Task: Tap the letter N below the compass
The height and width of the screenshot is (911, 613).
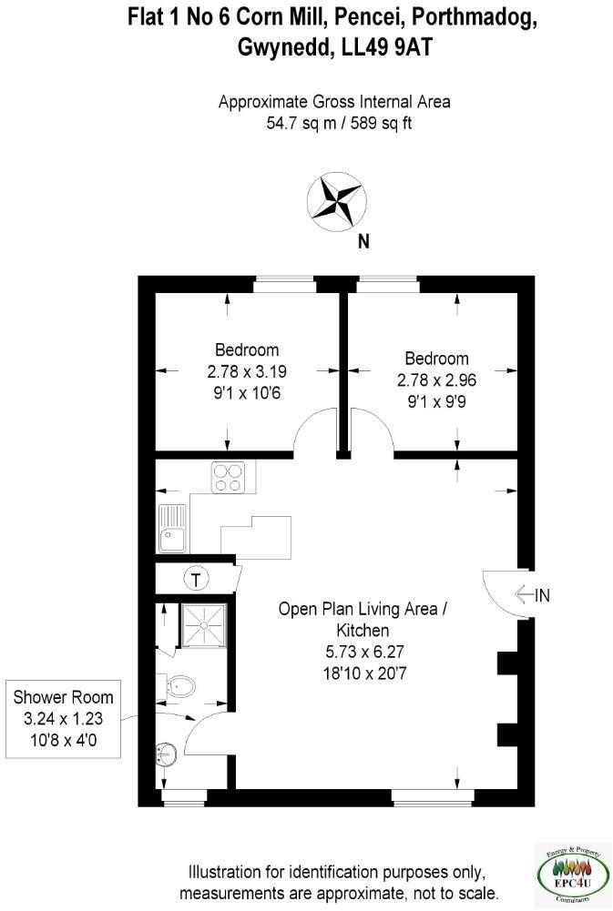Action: (x=363, y=242)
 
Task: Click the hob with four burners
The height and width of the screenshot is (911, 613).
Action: (x=227, y=478)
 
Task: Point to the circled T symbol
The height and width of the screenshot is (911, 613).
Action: (x=195, y=578)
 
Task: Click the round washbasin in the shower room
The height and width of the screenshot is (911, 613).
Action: (x=165, y=754)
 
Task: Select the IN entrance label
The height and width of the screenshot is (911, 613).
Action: (x=543, y=596)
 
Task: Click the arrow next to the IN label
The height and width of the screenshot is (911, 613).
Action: (x=524, y=596)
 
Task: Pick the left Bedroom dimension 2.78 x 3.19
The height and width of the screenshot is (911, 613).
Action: (x=247, y=370)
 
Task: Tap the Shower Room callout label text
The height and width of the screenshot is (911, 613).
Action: (x=64, y=698)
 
